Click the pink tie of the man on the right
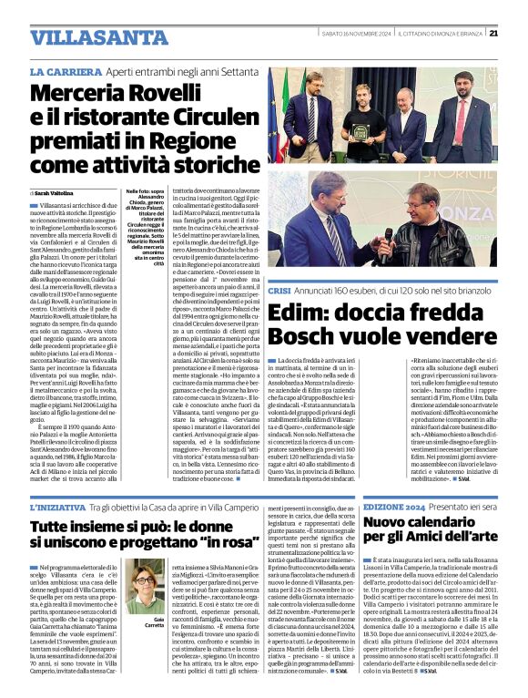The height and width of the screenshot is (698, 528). pyautogui.click(x=473, y=118)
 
